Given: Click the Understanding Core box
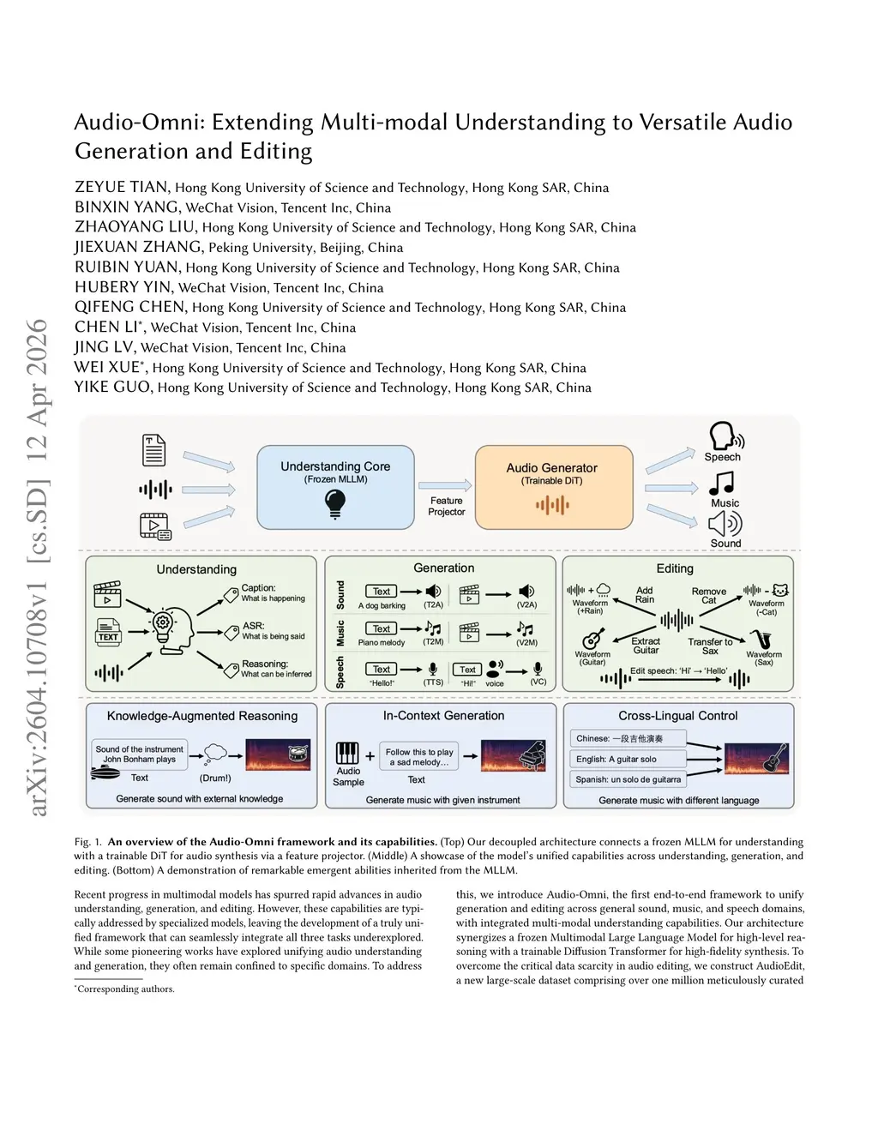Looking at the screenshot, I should tap(335, 486).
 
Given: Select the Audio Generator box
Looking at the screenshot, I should tap(554, 486).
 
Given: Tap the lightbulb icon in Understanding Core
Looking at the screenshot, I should tap(335, 503).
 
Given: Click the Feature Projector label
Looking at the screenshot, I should tap(446, 506).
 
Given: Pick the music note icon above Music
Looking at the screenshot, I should tap(722, 484).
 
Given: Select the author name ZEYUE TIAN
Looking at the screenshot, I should tap(123, 187).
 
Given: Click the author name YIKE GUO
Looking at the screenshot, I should tap(112, 387).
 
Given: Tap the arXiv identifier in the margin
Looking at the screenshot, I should tap(38, 566).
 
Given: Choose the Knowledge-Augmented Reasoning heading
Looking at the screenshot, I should tap(202, 716).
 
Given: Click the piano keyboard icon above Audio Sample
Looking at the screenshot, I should tap(346, 753).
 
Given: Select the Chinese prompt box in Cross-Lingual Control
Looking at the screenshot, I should tap(628, 738).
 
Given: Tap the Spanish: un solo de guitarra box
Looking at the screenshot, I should tap(628, 779).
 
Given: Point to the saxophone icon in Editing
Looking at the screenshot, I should tap(761, 640).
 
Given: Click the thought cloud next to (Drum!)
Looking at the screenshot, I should tap(216, 754).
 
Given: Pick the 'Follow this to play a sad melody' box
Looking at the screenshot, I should tap(419, 756).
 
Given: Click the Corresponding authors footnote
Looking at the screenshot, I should tap(125, 989).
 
